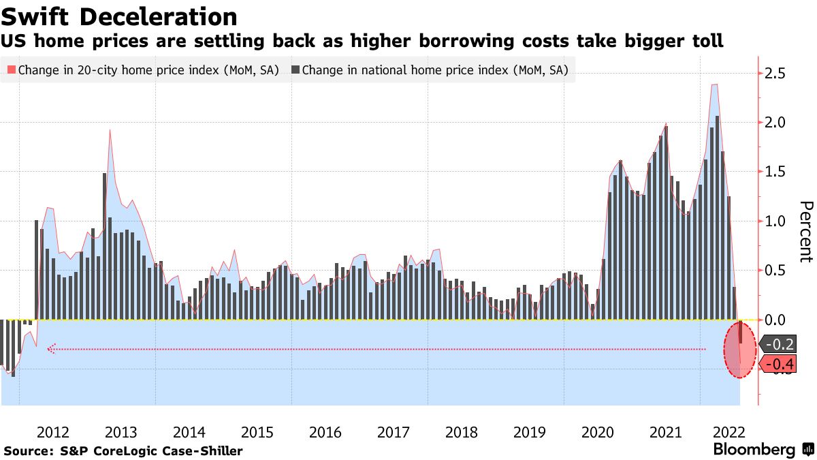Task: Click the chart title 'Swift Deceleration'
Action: (120, 16)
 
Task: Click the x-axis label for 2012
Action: (53, 432)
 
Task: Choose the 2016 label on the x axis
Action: (325, 432)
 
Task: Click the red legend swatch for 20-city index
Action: (11, 70)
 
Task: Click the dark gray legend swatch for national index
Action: (295, 70)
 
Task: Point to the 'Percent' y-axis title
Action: (805, 232)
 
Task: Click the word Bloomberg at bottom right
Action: (754, 450)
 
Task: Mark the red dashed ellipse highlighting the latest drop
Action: (739, 350)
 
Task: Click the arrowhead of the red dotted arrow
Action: (50, 350)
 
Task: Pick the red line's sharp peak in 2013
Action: (110, 130)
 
